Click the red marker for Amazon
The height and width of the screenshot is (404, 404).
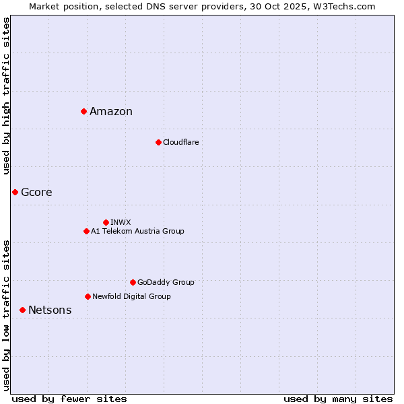click(x=83, y=111)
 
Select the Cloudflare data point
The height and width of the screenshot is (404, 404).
click(x=158, y=142)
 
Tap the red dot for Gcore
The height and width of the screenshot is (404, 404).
click(x=15, y=192)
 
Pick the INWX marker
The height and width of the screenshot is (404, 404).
click(x=106, y=222)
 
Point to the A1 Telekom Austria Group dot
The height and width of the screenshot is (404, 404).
click(x=86, y=231)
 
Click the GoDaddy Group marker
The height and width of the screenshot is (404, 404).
click(x=133, y=282)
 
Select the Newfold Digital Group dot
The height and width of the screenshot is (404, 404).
click(x=88, y=296)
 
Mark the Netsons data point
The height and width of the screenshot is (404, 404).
click(x=22, y=310)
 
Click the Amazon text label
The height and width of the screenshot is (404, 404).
click(x=111, y=112)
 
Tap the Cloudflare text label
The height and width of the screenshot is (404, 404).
click(x=180, y=142)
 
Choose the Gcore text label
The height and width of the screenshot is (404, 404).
click(x=36, y=193)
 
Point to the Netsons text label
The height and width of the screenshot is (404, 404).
click(x=50, y=310)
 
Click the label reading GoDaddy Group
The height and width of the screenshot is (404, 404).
click(x=166, y=282)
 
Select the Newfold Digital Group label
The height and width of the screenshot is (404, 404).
click(x=131, y=296)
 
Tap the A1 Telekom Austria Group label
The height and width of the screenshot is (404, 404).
click(x=137, y=231)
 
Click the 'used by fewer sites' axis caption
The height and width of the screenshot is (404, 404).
click(x=69, y=399)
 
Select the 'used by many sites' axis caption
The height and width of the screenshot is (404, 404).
click(x=338, y=399)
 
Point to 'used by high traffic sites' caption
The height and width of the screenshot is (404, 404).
click(x=6, y=96)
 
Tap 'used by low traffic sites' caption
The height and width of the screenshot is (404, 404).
click(x=6, y=315)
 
